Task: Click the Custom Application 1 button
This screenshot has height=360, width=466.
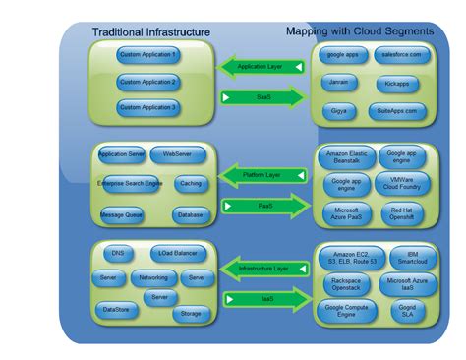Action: [x=147, y=56]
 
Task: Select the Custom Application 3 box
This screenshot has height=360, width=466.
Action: [x=147, y=105]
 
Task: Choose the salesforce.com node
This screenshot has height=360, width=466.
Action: [x=401, y=56]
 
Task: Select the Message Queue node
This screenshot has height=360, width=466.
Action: [x=122, y=213]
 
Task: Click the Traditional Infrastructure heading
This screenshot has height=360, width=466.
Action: [x=151, y=31]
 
